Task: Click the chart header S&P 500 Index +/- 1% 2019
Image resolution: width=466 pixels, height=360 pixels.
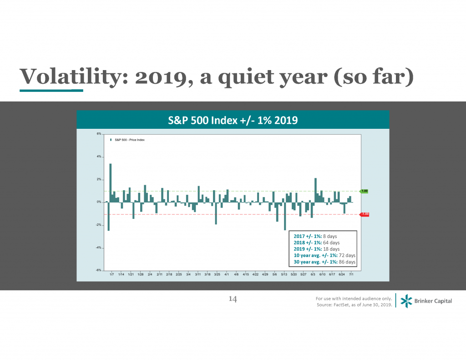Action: click(233, 120)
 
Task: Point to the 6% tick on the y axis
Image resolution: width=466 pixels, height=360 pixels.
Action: click(98, 134)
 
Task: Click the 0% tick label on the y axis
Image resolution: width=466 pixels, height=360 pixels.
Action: click(98, 202)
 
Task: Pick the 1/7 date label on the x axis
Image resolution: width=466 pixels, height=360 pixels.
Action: click(111, 275)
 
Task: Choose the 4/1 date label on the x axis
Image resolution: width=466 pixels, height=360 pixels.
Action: click(227, 275)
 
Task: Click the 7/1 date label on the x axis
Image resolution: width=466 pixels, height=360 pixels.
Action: click(351, 275)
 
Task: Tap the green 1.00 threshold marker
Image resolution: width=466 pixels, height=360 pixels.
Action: click(364, 191)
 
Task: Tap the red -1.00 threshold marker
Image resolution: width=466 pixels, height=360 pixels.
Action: click(364, 214)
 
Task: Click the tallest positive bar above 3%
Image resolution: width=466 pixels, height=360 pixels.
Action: click(111, 182)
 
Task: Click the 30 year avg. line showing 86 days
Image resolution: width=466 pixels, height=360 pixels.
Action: click(322, 262)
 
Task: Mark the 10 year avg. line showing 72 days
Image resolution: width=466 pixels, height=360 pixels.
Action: click(322, 256)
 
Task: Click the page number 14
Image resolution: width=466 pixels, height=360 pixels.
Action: click(233, 299)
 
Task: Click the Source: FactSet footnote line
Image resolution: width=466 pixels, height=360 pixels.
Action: click(354, 304)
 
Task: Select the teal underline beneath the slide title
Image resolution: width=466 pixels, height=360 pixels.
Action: click(51, 91)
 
